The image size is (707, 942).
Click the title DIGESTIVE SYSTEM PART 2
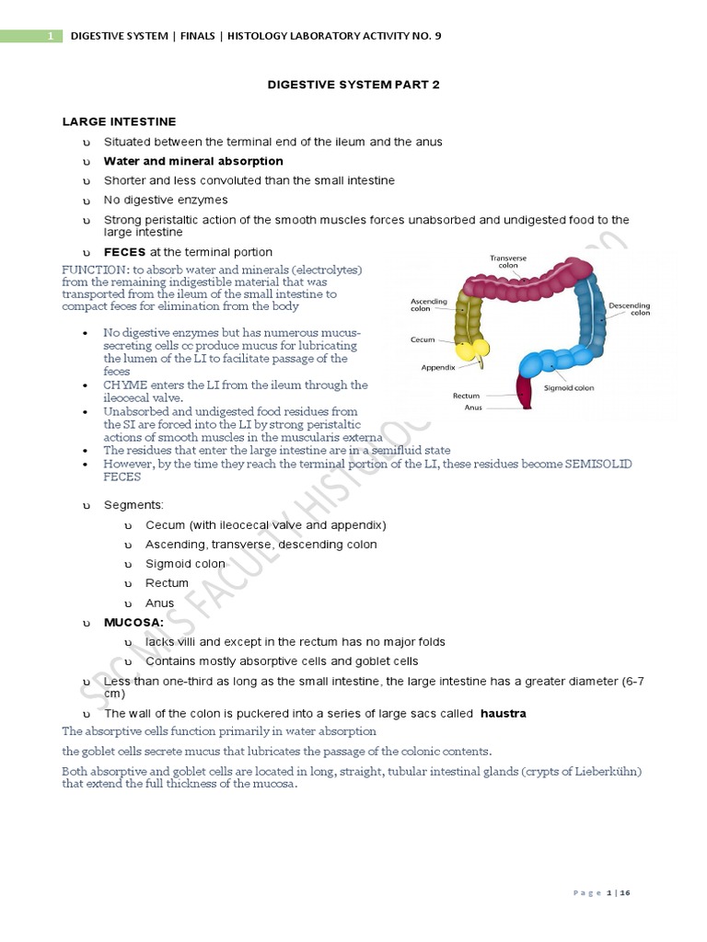353,85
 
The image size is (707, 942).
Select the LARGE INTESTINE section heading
119,121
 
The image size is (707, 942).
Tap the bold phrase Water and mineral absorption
193,161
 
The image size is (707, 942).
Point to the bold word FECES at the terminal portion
124,252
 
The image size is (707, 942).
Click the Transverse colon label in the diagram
508,262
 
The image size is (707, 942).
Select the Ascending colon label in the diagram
428,304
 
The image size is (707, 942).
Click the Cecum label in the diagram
423,339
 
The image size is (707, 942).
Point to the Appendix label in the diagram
439,366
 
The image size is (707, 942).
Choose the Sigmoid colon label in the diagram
569,388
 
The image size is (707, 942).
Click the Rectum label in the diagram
467,396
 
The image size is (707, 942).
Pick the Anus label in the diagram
473,407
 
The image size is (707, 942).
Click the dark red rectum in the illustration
526,394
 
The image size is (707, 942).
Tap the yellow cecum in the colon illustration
474,350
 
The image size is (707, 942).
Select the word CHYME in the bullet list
124,385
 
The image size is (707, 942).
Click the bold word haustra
503,714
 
